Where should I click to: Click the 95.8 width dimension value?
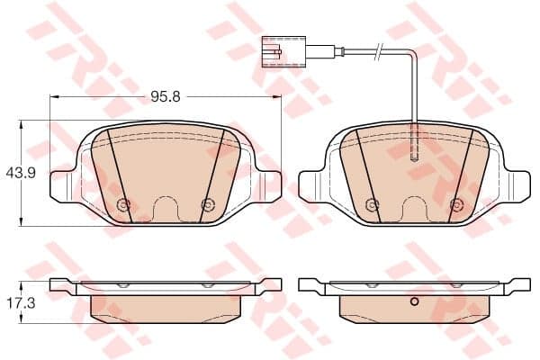coord(166,97)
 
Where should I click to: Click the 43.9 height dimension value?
coord(21,173)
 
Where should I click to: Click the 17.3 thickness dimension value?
coord(21,303)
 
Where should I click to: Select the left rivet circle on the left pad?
coord(123,205)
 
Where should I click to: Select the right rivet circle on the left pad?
coord(207,205)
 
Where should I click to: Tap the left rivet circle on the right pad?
coord(372,205)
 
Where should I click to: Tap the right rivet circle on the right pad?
coord(456,205)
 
